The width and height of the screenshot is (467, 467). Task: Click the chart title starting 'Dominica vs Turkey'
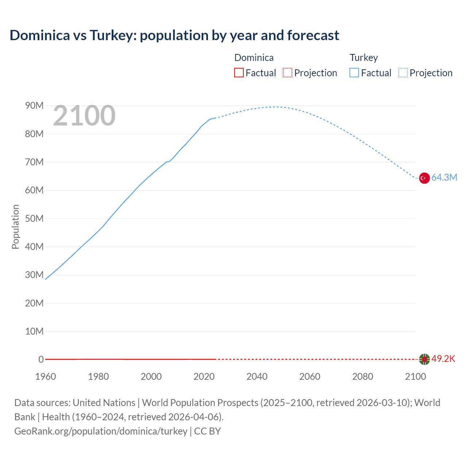[x=174, y=35]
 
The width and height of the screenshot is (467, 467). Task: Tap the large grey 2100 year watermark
[x=84, y=116]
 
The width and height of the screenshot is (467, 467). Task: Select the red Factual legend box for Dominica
[x=239, y=73]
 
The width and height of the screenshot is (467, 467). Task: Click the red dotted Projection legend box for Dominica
[x=287, y=73]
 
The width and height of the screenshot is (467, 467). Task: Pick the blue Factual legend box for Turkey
[x=354, y=73]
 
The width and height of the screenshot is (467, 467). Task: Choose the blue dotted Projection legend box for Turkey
[x=403, y=73]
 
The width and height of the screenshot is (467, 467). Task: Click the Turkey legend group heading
[x=364, y=58]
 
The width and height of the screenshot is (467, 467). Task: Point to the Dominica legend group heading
[x=254, y=58]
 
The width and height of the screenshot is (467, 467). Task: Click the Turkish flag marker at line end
[x=424, y=178]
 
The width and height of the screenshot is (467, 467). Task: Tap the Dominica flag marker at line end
[x=424, y=359]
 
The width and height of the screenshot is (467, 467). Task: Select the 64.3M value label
[x=444, y=178]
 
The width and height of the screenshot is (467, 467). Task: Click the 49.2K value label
[x=443, y=359]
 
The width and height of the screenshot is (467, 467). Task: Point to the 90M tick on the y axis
[x=34, y=106]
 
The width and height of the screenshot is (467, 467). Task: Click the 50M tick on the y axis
[x=34, y=219]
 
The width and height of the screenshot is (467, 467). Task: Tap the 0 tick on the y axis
[x=41, y=359]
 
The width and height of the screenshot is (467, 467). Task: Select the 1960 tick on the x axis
[x=46, y=377]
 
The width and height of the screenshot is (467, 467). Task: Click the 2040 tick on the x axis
[x=257, y=377]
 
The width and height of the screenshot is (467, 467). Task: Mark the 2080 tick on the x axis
[x=363, y=377]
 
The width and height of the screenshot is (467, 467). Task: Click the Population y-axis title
[x=15, y=227]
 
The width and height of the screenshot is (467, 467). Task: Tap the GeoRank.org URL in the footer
[x=101, y=431]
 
